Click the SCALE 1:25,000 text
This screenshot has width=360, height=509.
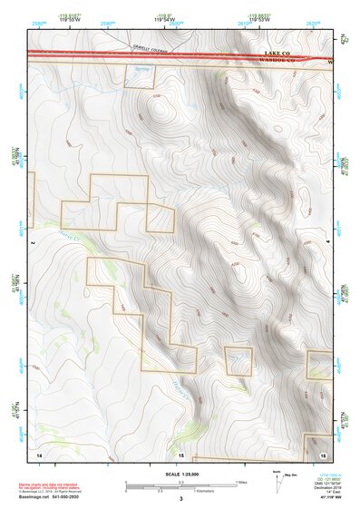[x=180, y=474]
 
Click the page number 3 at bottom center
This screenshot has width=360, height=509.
[x=180, y=499]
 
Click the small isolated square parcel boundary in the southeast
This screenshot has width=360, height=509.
[x=238, y=360]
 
